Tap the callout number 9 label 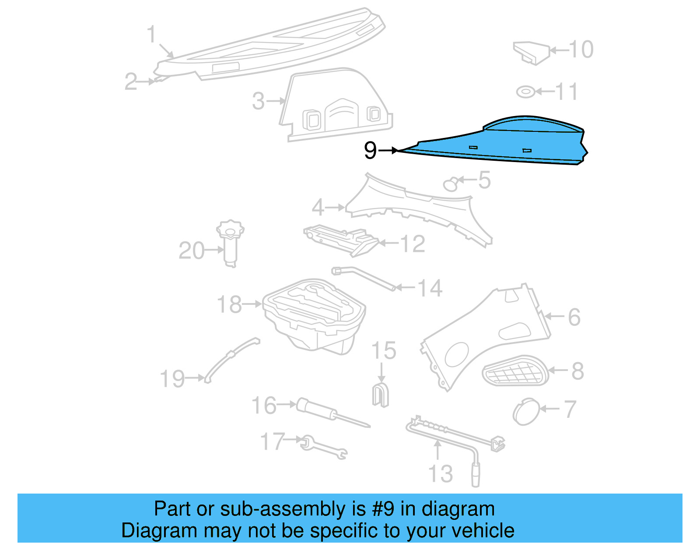pyautogui.click(x=370, y=151)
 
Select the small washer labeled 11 pyautogui.click(x=525, y=92)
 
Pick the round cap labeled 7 pyautogui.click(x=526, y=411)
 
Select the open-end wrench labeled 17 pyautogui.click(x=324, y=448)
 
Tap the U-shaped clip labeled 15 pyautogui.click(x=380, y=394)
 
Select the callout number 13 pyautogui.click(x=440, y=474)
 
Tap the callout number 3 pyautogui.click(x=259, y=102)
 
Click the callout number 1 pyautogui.click(x=151, y=34)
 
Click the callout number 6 pyautogui.click(x=574, y=318)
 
